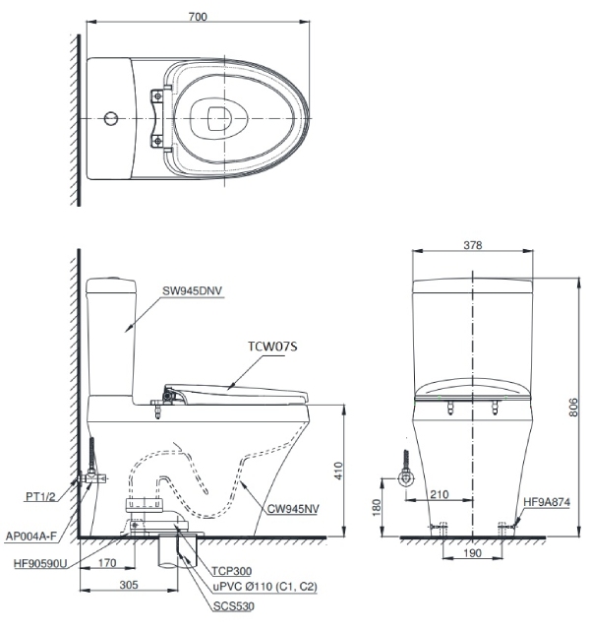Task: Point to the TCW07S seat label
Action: click(x=274, y=347)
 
